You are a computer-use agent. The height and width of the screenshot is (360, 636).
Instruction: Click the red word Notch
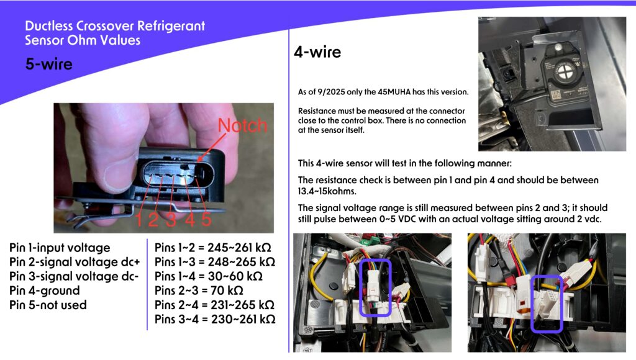[x=243, y=125]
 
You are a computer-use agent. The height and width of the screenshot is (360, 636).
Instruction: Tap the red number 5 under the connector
[x=206, y=219]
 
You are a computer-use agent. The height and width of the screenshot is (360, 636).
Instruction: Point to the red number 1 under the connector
[x=139, y=220]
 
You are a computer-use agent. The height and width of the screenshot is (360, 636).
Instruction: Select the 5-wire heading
[x=48, y=64]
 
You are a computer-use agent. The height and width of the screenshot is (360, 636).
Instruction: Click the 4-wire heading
[x=317, y=52]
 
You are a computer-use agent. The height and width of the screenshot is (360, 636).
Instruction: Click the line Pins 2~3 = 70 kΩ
[x=199, y=290]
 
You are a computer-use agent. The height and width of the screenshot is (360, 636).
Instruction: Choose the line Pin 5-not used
[x=48, y=305]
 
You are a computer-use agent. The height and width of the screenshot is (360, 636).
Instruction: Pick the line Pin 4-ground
[x=45, y=290]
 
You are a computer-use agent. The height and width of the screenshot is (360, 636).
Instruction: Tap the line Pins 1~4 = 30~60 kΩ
[x=209, y=276]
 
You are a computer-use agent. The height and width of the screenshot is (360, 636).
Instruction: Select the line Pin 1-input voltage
[x=60, y=248]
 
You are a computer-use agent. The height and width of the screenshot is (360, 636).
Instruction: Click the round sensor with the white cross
[x=564, y=73]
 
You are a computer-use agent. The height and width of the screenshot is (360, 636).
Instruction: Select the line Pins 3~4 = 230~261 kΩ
[x=215, y=320]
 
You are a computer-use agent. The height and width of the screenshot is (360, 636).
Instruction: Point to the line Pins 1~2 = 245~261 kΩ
[x=213, y=248]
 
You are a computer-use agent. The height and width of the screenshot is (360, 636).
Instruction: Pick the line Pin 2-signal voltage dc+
[x=75, y=263]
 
